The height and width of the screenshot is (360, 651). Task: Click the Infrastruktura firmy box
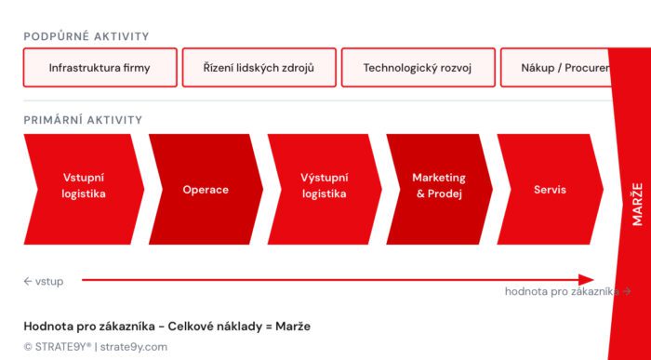pyautogui.click(x=100, y=68)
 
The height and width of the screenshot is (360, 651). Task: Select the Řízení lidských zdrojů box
pyautogui.click(x=259, y=68)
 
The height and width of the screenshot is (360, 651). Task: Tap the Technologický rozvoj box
pyautogui.click(x=418, y=68)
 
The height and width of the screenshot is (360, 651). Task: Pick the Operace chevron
pyautogui.click(x=206, y=190)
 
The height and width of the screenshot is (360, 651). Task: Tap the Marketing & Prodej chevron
pyautogui.click(x=439, y=185)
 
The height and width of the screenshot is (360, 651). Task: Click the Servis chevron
pyautogui.click(x=550, y=190)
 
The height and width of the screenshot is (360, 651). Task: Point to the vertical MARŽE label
pyautogui.click(x=637, y=203)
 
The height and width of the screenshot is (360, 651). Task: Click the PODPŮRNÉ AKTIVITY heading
pyautogui.click(x=86, y=36)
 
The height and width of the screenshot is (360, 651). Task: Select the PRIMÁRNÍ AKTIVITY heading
pyautogui.click(x=84, y=120)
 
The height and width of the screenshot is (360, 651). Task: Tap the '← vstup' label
pyautogui.click(x=44, y=281)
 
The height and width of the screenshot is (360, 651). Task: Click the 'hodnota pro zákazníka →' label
pyautogui.click(x=567, y=291)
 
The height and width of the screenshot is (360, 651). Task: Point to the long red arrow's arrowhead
pyautogui.click(x=586, y=279)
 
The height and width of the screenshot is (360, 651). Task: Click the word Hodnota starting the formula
pyautogui.click(x=50, y=327)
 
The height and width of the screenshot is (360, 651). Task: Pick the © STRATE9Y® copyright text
pyautogui.click(x=58, y=347)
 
